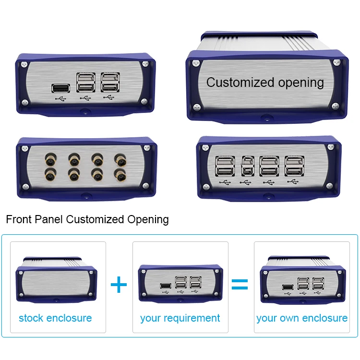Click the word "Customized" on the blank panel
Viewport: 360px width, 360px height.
click(233, 83)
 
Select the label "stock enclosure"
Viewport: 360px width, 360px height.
click(55, 318)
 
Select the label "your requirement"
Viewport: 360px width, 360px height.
click(180, 318)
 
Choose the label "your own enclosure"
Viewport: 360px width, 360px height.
click(302, 318)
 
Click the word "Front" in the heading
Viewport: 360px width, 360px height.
click(19, 220)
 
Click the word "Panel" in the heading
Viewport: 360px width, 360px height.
click(49, 220)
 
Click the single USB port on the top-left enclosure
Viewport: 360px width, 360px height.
click(60, 88)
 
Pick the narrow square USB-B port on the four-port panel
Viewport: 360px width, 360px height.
click(247, 167)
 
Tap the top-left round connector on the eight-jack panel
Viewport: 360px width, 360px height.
click(50, 157)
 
